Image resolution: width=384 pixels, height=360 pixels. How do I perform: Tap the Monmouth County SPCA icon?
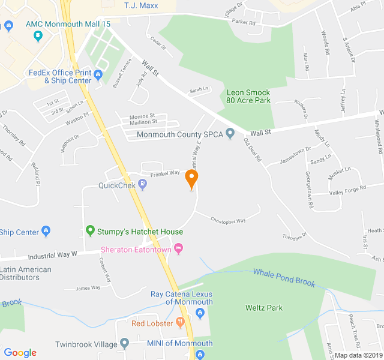pyautogui.click(x=229, y=134)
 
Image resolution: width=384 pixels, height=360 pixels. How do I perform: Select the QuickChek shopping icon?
pyautogui.click(x=142, y=185)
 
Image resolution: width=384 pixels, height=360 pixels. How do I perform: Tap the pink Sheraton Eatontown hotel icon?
pyautogui.click(x=178, y=248)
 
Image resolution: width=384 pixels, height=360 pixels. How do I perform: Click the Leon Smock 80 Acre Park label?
pyautogui.click(x=248, y=97)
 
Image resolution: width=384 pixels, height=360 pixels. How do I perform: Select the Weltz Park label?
pyautogui.click(x=264, y=308)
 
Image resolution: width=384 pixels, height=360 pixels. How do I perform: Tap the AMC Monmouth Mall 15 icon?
pyautogui.click(x=39, y=35)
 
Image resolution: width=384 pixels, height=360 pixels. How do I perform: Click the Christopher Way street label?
pyautogui.click(x=228, y=221)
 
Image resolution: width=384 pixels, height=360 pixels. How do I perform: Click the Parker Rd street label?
pyautogui.click(x=244, y=22)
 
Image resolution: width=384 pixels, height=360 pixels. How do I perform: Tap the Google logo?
pyautogui.click(x=20, y=353)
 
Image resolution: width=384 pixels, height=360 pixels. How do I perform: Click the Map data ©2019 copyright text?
pyautogui.click(x=358, y=355)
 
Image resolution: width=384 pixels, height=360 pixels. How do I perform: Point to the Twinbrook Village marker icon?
pyautogui.click(x=124, y=344)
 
